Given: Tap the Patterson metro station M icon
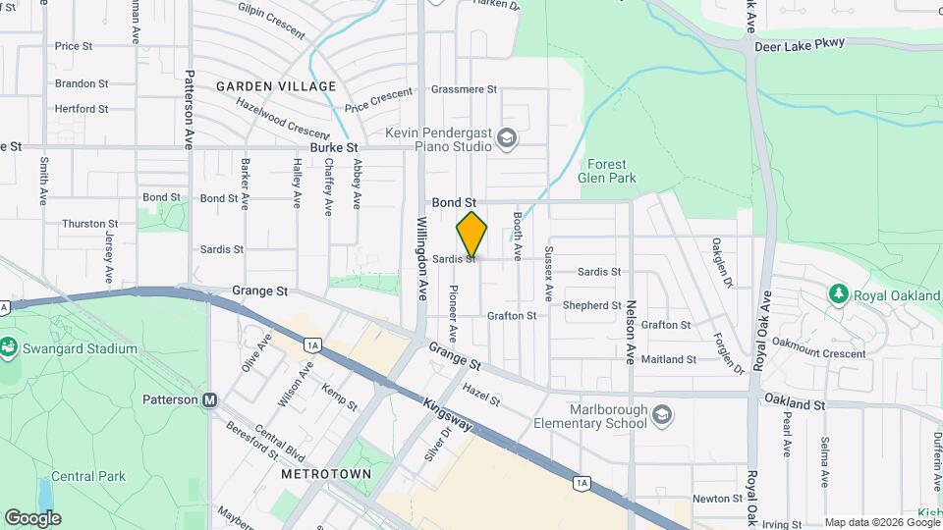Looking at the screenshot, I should pyautogui.click(x=209, y=399).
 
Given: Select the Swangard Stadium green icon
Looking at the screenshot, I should pyautogui.click(x=8, y=346).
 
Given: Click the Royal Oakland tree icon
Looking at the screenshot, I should pyautogui.click(x=838, y=292).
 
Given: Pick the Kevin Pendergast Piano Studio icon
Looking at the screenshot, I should pyautogui.click(x=507, y=137).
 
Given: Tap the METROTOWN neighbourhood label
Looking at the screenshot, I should pyautogui.click(x=326, y=473).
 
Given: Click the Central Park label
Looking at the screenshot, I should pyautogui.click(x=88, y=477).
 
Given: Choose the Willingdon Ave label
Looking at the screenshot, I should pyautogui.click(x=423, y=257).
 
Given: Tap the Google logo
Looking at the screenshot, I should pyautogui.click(x=32, y=517).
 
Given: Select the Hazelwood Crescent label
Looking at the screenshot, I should pyautogui.click(x=282, y=120).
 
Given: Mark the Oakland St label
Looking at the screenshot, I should pyautogui.click(x=793, y=404).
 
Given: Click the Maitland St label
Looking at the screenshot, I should pyautogui.click(x=668, y=360).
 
